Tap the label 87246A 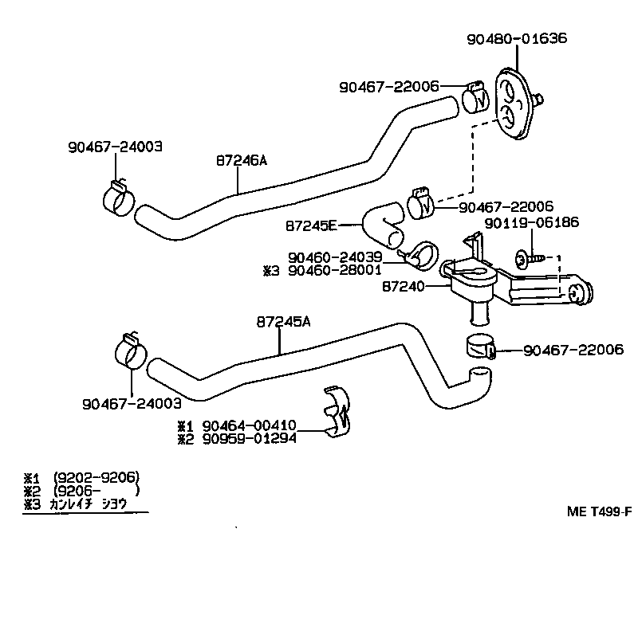point(241,160)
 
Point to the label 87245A point(283,322)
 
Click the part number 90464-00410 point(249,425)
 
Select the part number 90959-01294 point(249,437)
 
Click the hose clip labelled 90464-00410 point(341,411)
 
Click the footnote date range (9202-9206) point(95,478)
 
